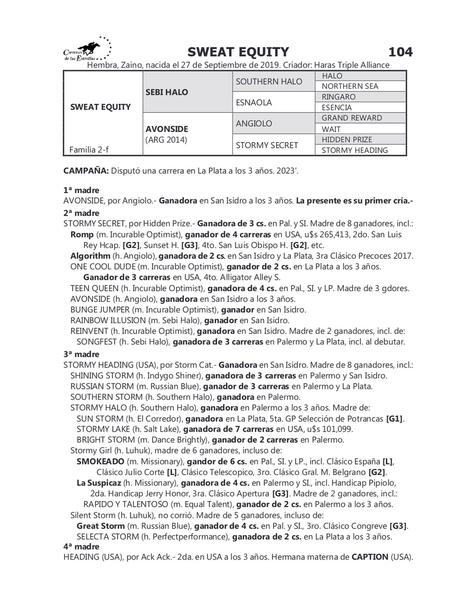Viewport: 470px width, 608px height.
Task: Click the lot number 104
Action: (401, 52)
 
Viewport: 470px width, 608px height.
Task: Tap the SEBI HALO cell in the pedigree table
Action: (167, 92)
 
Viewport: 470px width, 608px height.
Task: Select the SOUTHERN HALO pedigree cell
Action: (269, 81)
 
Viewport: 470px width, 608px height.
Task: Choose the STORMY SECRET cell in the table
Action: (267, 145)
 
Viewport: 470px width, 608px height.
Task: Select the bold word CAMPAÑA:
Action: (86, 171)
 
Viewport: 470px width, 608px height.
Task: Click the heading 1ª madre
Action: (81, 190)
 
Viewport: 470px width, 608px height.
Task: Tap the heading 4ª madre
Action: (81, 546)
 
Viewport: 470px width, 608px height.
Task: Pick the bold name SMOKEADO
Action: (100, 461)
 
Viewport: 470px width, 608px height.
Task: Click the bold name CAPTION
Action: (370, 557)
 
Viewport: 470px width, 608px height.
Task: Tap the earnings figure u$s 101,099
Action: (325, 429)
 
